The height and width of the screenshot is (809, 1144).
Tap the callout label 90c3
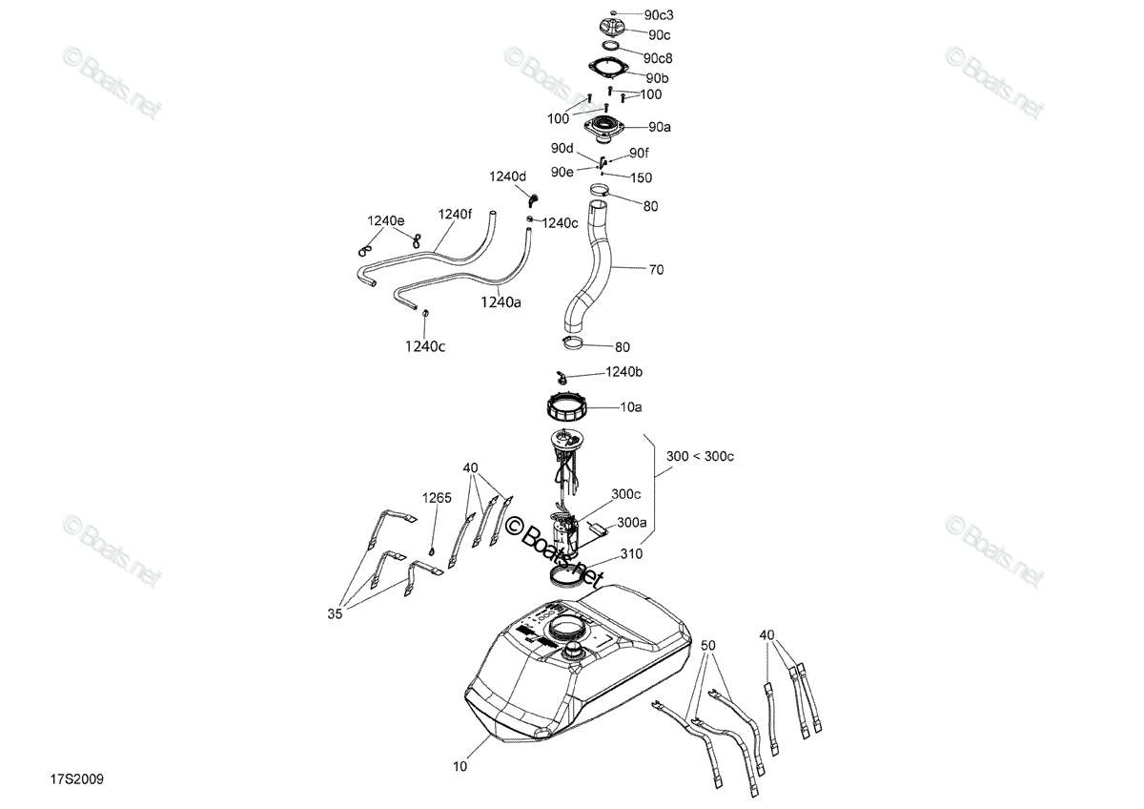point(659,15)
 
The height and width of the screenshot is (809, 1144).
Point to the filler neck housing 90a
point(605,128)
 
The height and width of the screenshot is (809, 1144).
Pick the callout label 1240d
point(507,176)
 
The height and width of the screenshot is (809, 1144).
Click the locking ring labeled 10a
point(567,406)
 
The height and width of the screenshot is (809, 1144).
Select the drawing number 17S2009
point(76,778)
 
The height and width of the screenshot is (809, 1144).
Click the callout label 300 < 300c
point(700,456)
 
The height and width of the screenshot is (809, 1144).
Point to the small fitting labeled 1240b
point(562,378)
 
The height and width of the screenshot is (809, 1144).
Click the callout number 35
point(335,613)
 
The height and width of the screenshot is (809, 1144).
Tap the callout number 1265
point(437,498)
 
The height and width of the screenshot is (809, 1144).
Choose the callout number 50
point(707,646)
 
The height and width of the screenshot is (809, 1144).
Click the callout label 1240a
point(500,302)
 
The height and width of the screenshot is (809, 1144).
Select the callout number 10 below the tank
point(460,767)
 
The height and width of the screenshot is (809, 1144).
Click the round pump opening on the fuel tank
point(567,628)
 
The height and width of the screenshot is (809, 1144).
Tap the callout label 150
point(641,177)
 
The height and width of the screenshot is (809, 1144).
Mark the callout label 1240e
point(385,220)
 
